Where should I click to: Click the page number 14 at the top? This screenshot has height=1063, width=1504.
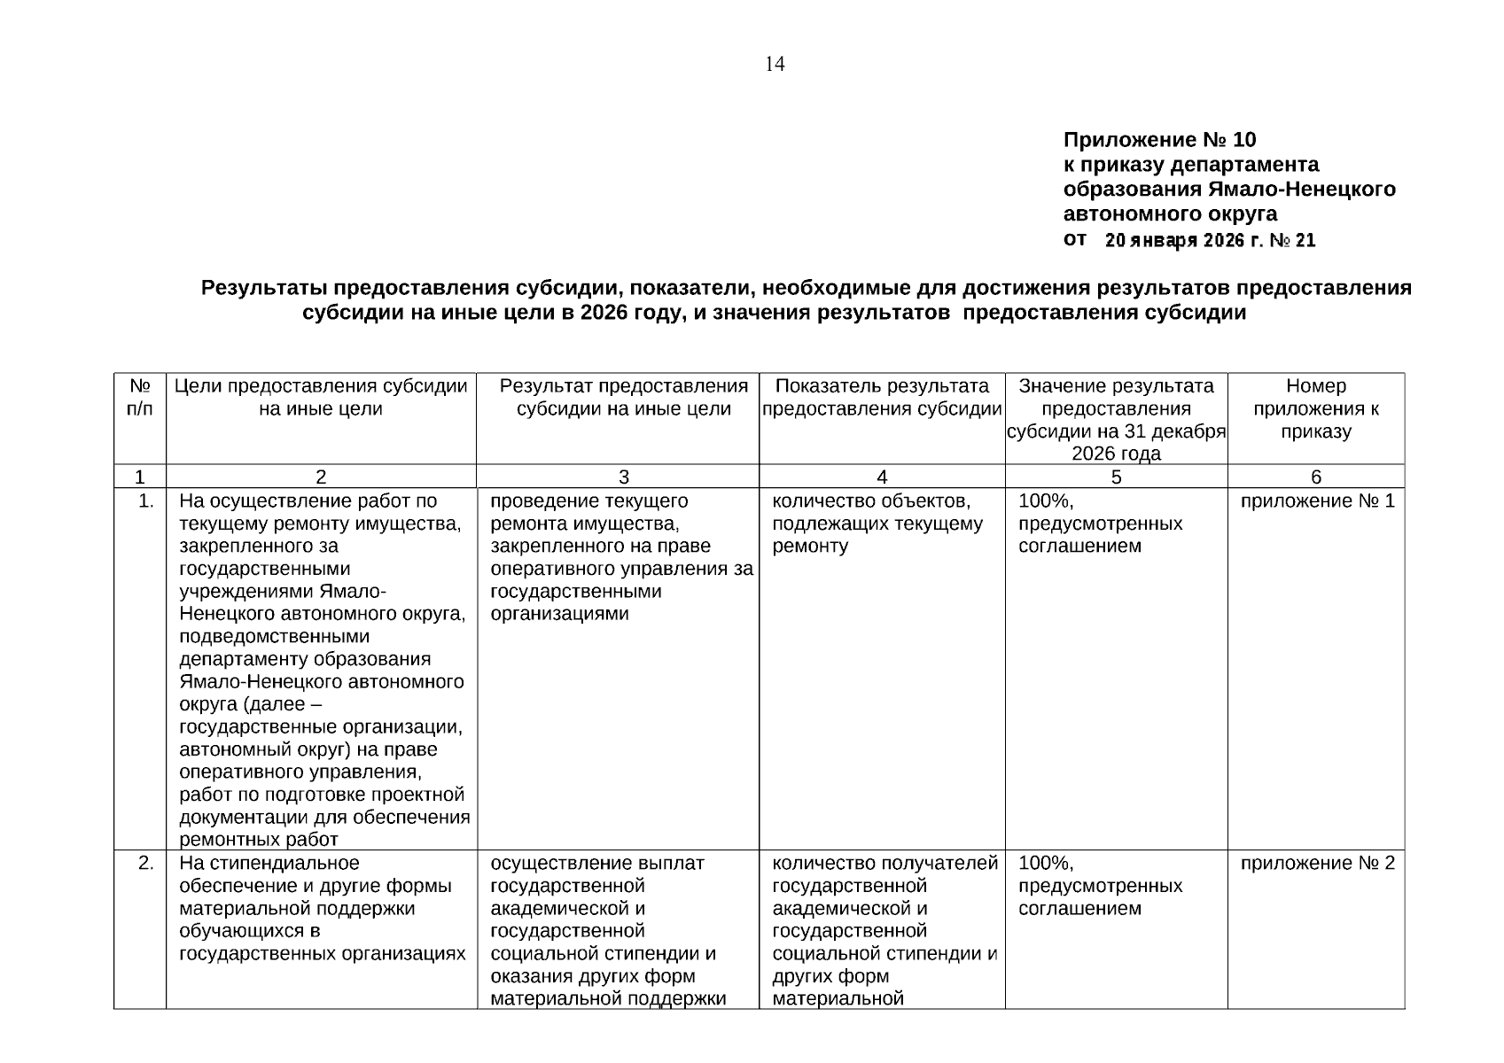775,64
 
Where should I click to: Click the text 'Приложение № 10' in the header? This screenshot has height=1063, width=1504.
1159,140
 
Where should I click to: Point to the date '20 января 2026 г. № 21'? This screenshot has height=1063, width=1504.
1210,240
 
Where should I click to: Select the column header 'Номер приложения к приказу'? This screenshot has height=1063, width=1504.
1315,408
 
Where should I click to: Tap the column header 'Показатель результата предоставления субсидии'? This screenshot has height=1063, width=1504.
882,398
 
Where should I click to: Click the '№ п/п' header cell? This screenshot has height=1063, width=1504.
140,398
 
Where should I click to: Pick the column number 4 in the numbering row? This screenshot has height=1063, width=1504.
882,477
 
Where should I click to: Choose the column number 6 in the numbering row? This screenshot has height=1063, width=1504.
1315,477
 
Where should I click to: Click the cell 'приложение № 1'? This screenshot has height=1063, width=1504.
1317,501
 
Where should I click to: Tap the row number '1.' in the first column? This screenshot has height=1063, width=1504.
147,501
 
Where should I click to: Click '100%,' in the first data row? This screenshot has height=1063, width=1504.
1046,501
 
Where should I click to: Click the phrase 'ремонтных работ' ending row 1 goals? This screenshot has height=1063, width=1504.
259,840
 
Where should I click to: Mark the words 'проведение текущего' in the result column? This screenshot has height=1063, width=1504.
588,501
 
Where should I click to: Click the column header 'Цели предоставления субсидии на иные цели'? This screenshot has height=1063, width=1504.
321,398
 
